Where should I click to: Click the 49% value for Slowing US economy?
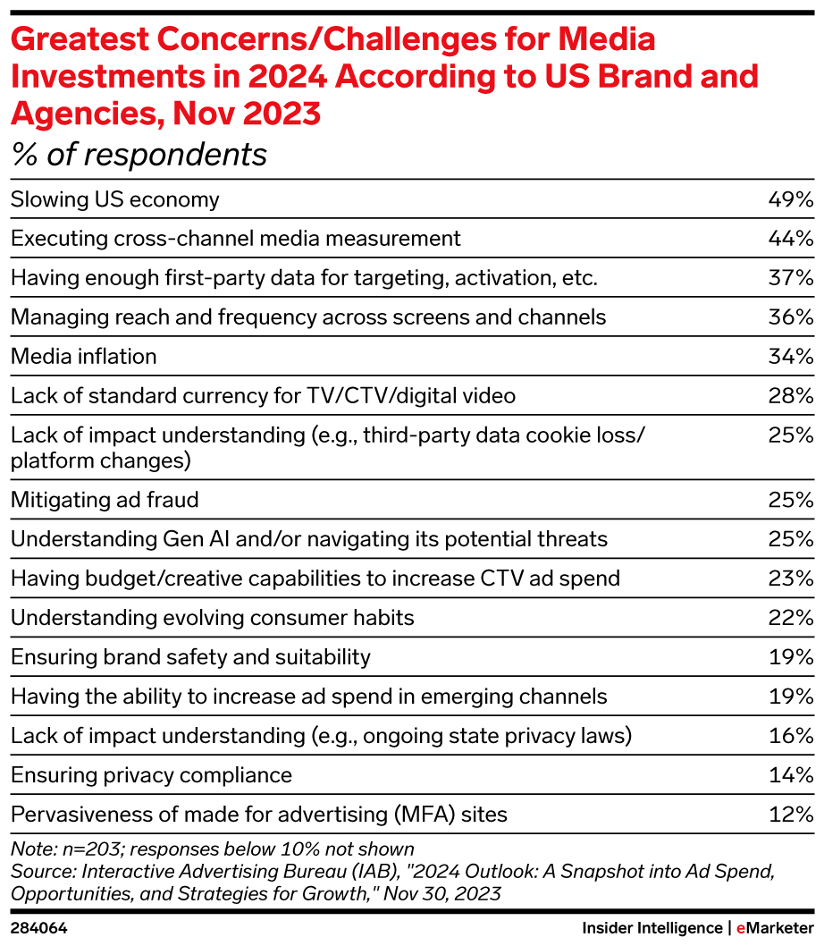pos(790,199)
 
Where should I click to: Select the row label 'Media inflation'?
pos(83,357)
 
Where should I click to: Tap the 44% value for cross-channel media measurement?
pos(790,239)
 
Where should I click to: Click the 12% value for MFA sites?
pos(790,815)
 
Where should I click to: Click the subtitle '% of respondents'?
pos(139,155)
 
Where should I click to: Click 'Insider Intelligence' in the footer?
pos(652,928)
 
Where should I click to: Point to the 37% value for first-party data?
pos(790,278)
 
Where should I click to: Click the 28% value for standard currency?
pos(790,396)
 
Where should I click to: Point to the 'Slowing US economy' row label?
pos(114,199)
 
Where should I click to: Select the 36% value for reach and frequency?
pos(790,317)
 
